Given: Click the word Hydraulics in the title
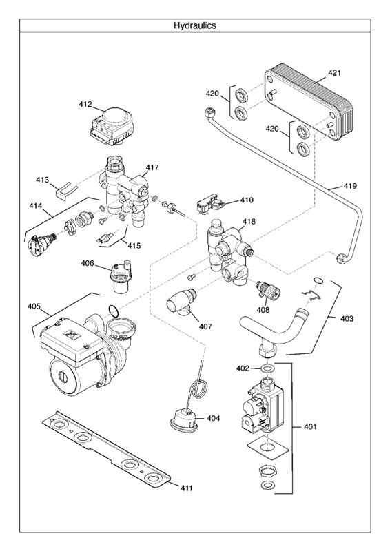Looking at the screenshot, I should pos(194,25).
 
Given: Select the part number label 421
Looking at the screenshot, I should pos(334,72).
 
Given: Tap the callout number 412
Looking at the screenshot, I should pos(85,105).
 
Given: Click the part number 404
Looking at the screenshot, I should pos(214,418).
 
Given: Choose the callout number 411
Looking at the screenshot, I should pos(186,488).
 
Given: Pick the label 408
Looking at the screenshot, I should pos(263,311).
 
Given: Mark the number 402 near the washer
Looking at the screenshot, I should pos(243,368).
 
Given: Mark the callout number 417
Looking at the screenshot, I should pos(152,167).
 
